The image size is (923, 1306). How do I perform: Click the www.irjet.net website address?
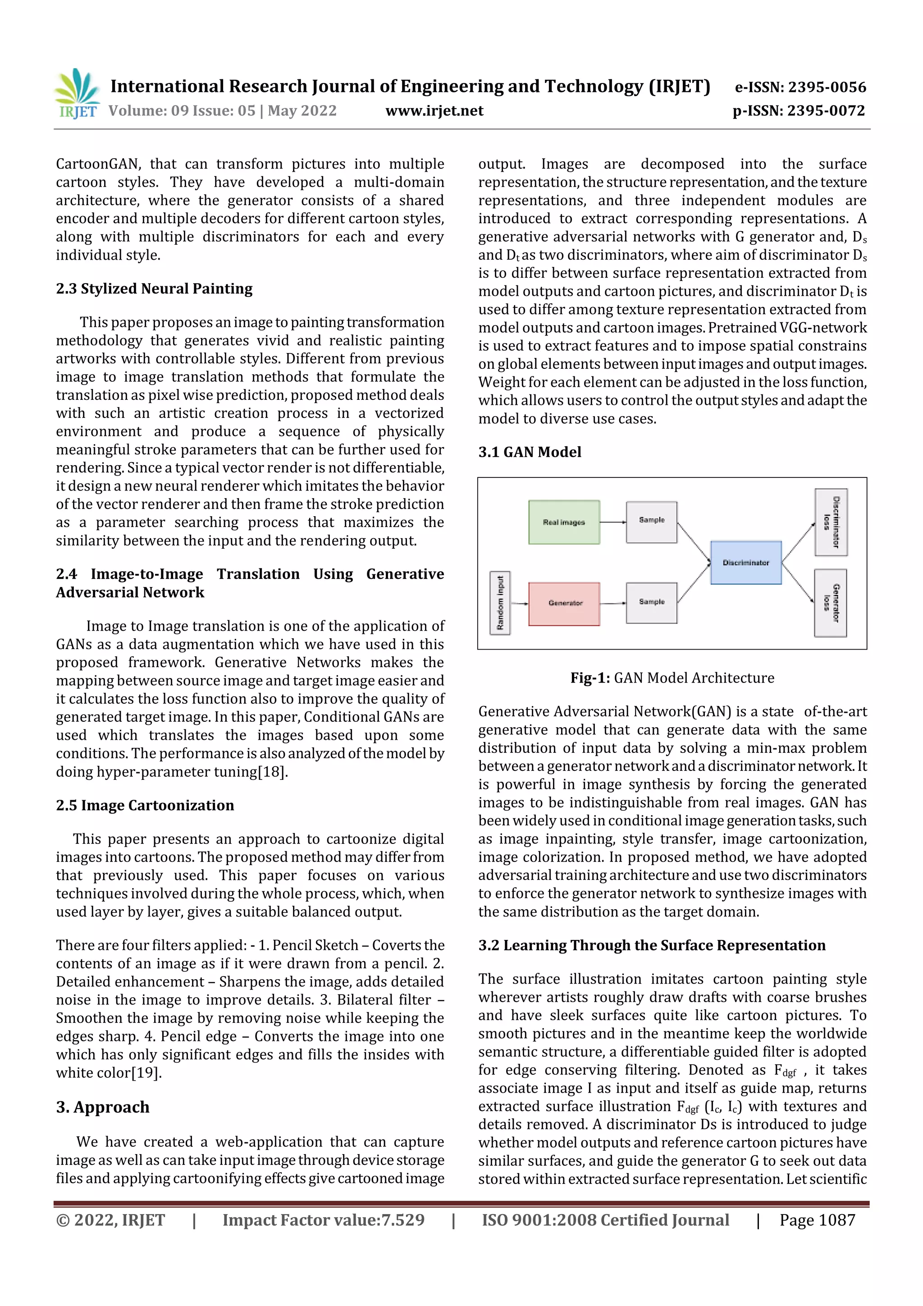[434, 111]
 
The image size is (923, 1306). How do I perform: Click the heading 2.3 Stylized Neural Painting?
[154, 289]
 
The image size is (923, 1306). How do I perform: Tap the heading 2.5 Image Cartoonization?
[145, 806]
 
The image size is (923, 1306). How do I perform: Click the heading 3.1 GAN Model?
[530, 452]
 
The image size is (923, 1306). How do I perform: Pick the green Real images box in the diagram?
[564, 522]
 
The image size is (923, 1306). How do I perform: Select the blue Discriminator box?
[745, 563]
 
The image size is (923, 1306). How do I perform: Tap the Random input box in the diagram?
[500, 603]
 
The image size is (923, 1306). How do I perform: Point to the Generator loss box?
[830, 603]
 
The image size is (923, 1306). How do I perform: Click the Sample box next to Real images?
[651, 521]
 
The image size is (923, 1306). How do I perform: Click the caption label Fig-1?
[590, 678]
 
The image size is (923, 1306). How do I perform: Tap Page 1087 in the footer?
[817, 1220]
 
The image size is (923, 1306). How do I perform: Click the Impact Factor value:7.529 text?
[323, 1220]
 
